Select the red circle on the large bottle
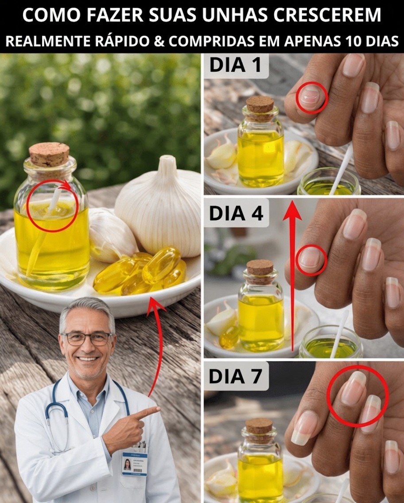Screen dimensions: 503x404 click(52, 206)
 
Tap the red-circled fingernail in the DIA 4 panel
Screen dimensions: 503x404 click(312, 259)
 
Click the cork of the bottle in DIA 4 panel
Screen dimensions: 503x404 click(260, 267)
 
